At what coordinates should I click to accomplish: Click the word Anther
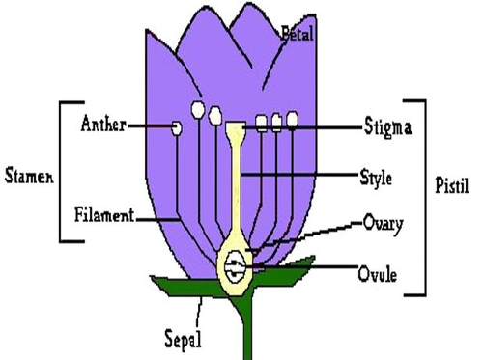pyautogui.click(x=101, y=125)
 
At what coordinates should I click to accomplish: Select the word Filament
pyautogui.click(x=104, y=214)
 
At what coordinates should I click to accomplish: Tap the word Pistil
pyautogui.click(x=451, y=183)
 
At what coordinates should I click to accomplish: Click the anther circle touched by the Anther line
pyautogui.click(x=176, y=127)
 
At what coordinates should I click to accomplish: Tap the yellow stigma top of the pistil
pyautogui.click(x=236, y=127)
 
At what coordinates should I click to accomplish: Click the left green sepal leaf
pyautogui.click(x=184, y=286)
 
